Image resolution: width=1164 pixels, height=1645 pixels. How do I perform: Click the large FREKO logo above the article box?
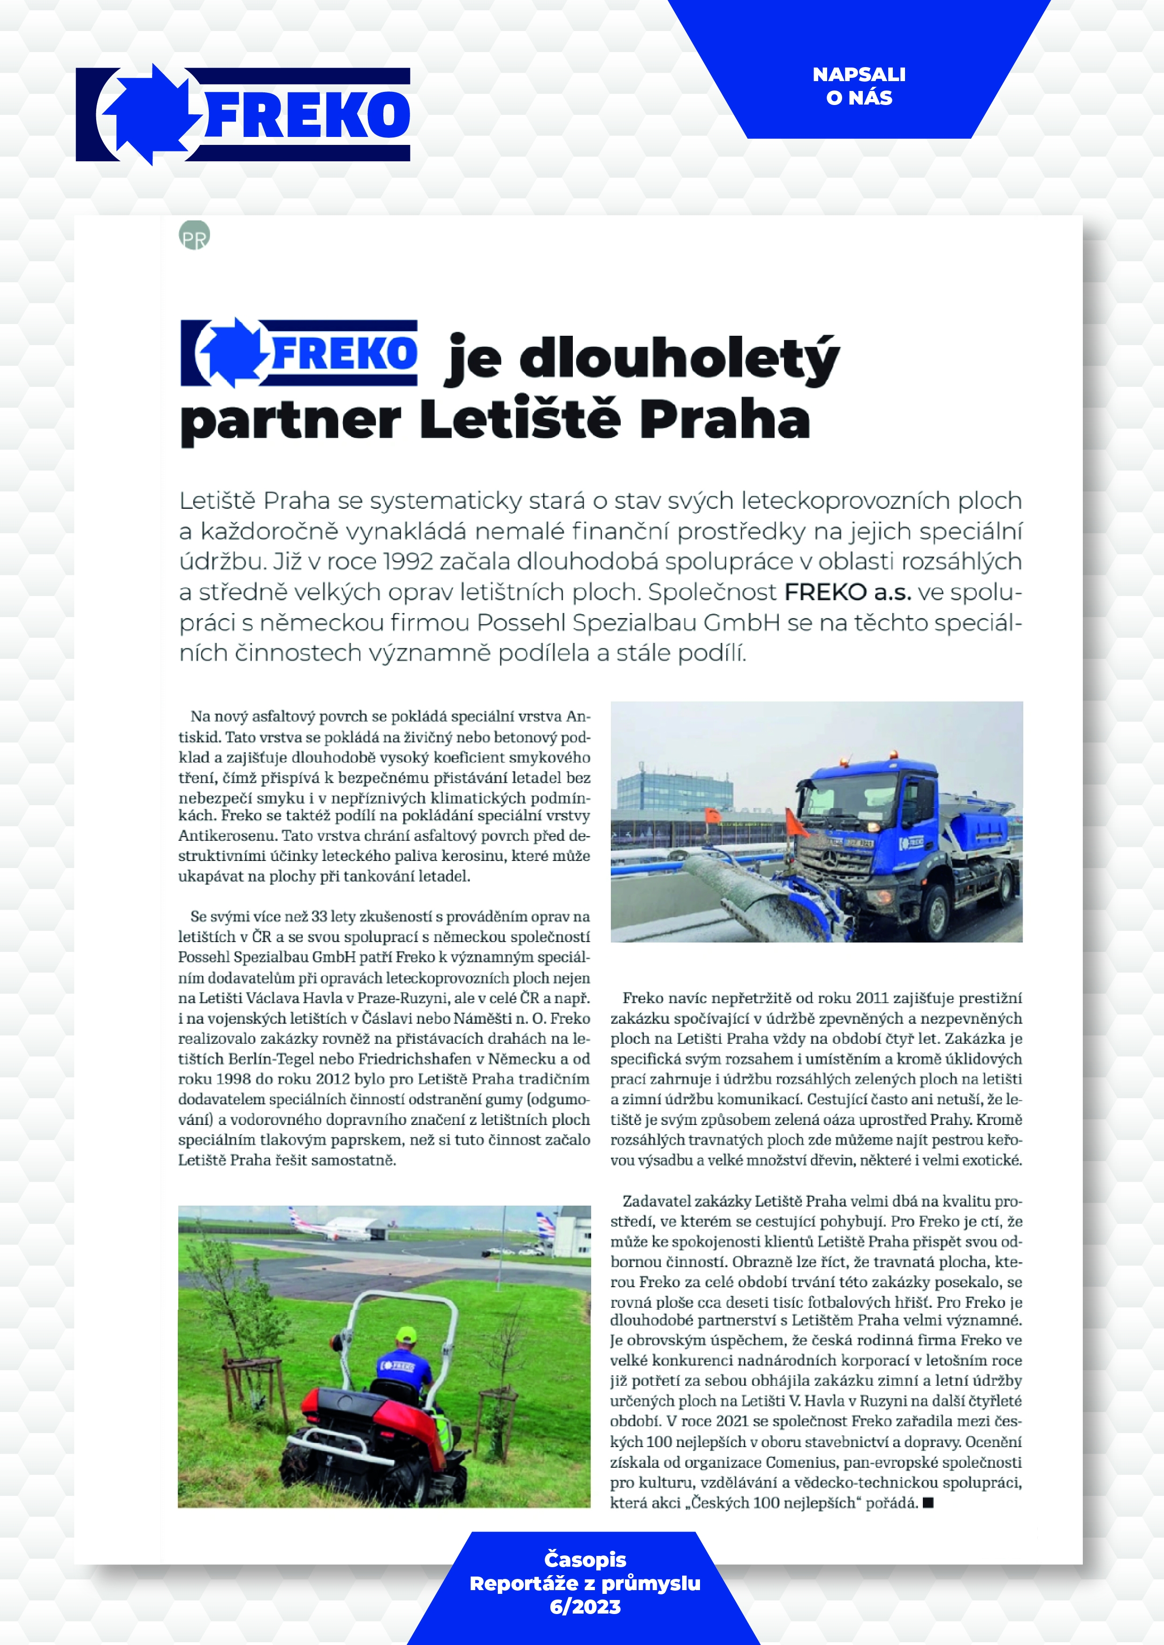tap(243, 114)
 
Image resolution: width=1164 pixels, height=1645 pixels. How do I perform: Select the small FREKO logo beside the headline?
tap(299, 353)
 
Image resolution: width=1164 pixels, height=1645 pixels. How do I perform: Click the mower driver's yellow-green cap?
tap(406, 1334)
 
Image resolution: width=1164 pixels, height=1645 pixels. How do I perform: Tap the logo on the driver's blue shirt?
tap(397, 1366)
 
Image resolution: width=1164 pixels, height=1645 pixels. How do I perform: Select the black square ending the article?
tap(928, 1502)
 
